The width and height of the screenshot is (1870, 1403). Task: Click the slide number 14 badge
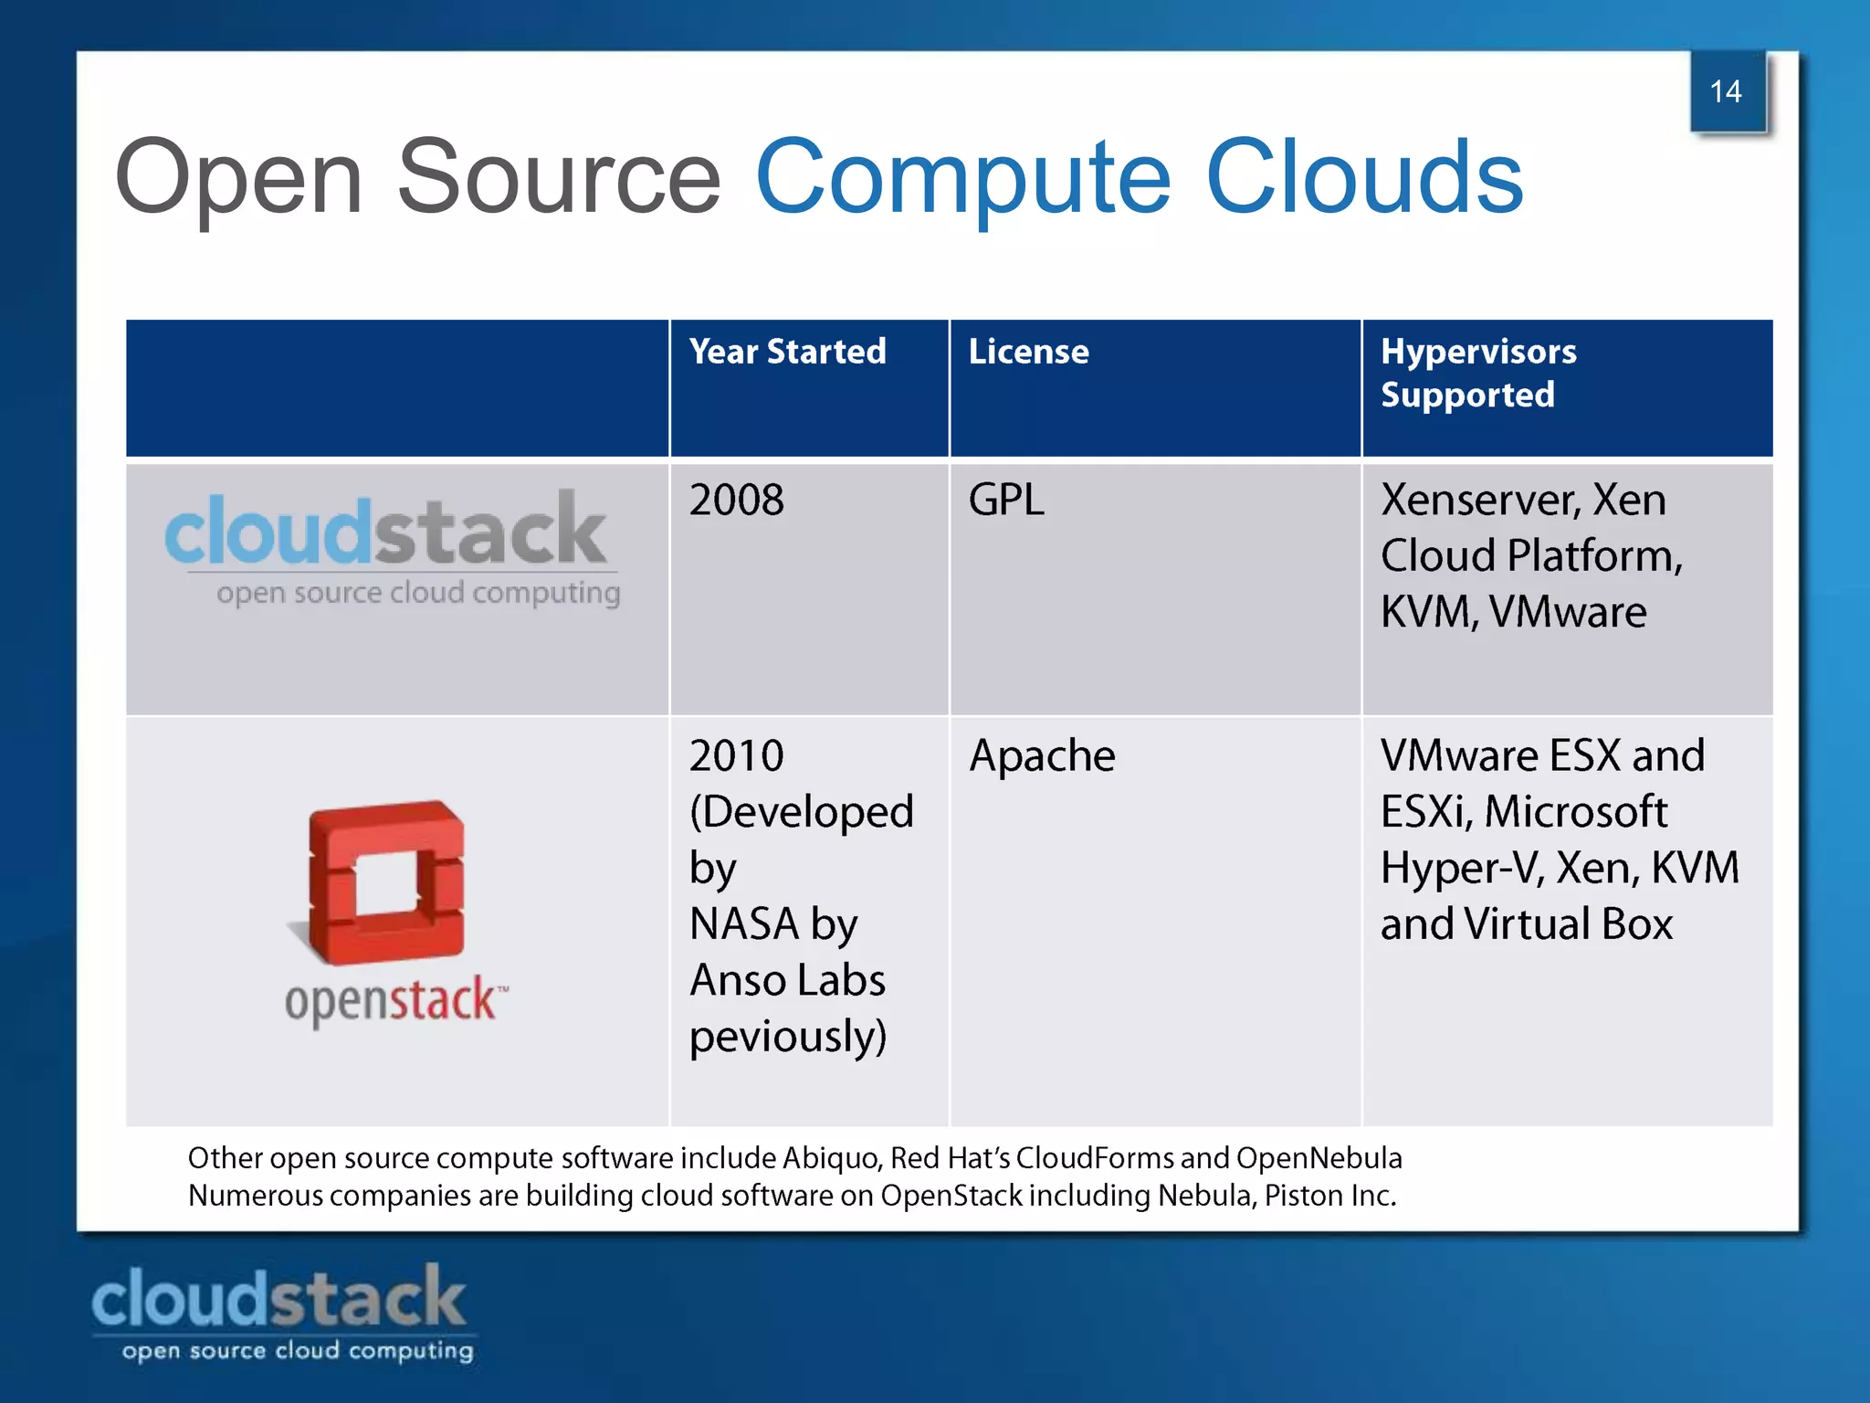coord(1727,91)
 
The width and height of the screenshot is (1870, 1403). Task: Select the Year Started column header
coord(787,352)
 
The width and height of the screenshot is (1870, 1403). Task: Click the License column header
coord(1028,352)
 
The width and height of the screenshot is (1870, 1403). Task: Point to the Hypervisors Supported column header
coord(1478,373)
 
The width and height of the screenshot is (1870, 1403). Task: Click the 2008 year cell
coord(736,501)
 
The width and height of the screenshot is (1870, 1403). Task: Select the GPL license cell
coord(1005,501)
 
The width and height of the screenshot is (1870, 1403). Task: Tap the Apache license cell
coord(1042,756)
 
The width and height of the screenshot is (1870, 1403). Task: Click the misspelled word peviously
coord(787,1038)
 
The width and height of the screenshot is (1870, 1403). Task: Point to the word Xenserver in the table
coord(1480,501)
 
